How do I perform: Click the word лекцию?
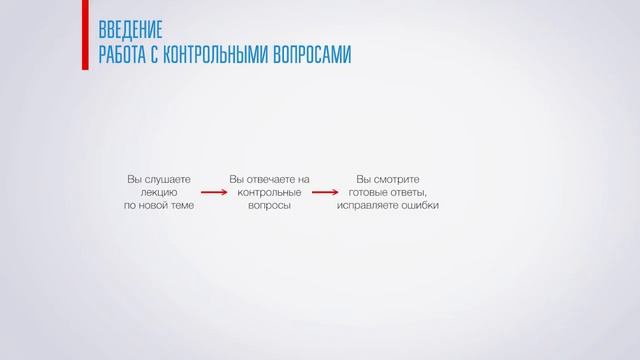pos(160,192)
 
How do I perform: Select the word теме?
pos(181,205)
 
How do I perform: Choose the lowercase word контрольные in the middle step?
pos(269,192)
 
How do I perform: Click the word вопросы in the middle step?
pos(269,205)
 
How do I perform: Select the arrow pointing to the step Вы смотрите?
pos(324,192)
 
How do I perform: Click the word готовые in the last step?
pos(371,192)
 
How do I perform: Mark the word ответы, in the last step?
pos(412,192)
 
